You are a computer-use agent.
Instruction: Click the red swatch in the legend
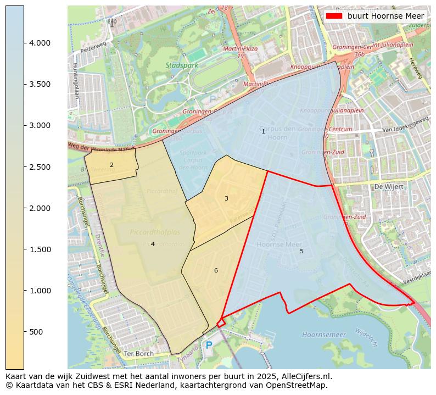coord(334,16)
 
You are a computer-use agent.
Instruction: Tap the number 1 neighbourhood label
coord(263,131)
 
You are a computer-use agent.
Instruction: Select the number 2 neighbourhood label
coord(111,165)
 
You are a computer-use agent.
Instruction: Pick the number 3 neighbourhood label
coord(226,198)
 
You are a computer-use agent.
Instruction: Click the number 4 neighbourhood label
coord(153,244)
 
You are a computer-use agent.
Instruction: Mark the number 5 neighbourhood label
coord(301,251)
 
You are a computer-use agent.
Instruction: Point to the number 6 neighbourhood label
coord(216,270)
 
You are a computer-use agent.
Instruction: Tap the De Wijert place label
coord(388,187)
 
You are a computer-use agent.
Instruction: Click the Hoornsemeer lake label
coord(324,334)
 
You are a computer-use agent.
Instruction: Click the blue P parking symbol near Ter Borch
coord(209,346)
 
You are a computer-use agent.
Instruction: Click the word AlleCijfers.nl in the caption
coord(304,376)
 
